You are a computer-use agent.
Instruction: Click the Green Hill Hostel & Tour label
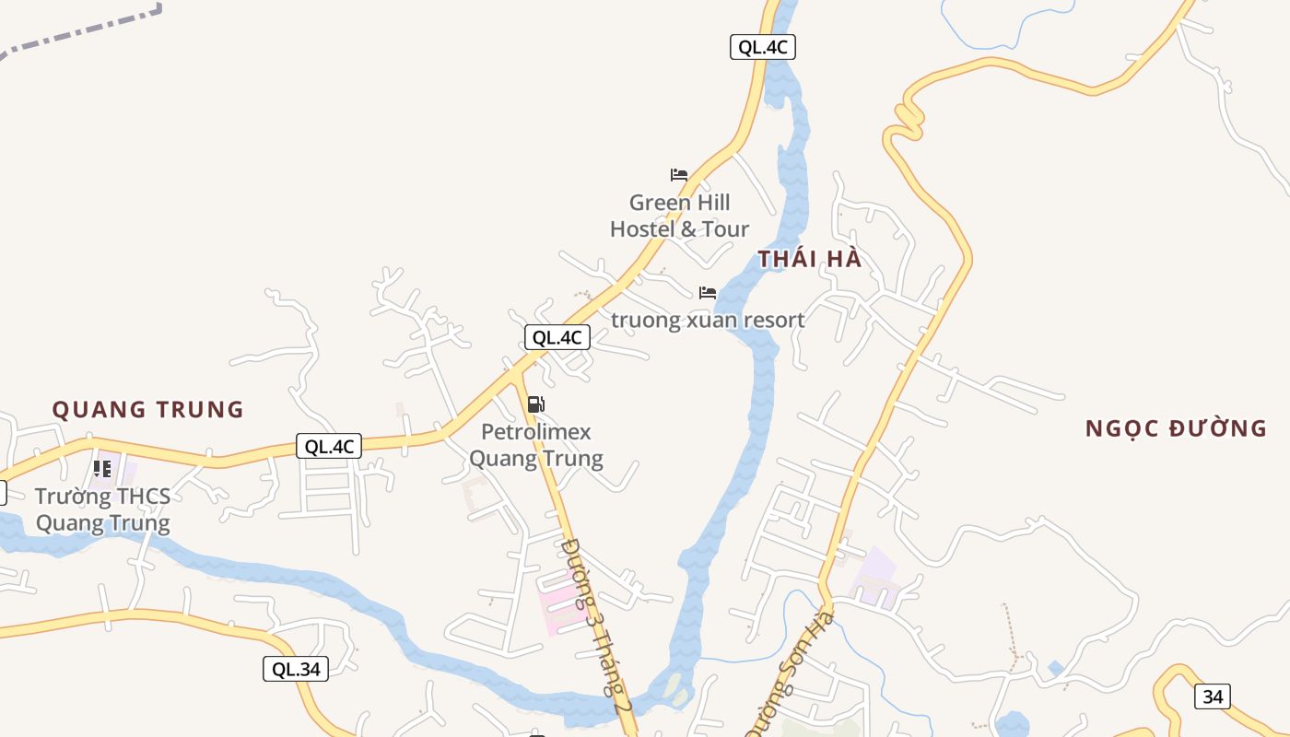(x=679, y=216)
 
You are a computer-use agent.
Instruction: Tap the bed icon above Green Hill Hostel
(x=679, y=174)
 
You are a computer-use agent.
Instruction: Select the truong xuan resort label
(x=708, y=321)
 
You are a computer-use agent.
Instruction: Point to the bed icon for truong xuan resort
(x=707, y=293)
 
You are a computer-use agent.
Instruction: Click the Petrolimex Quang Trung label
(x=536, y=445)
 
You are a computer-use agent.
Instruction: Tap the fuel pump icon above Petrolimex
(x=536, y=404)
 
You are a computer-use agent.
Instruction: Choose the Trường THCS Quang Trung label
(x=102, y=509)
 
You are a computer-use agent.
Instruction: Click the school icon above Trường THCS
(x=102, y=469)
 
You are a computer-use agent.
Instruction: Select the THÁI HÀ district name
(x=810, y=259)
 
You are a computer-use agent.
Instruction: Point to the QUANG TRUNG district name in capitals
(x=147, y=409)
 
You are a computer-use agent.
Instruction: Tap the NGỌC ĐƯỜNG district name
(x=1176, y=428)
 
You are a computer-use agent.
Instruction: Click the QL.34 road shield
(x=296, y=669)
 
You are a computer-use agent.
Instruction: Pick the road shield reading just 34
(x=1213, y=696)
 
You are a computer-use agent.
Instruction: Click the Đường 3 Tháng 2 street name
(x=596, y=623)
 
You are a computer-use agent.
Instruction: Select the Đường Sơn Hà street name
(x=790, y=673)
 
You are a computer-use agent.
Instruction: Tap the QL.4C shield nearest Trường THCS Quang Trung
(x=329, y=447)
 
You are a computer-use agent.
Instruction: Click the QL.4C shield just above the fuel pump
(x=557, y=337)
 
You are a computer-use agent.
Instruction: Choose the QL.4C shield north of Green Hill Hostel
(x=762, y=47)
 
